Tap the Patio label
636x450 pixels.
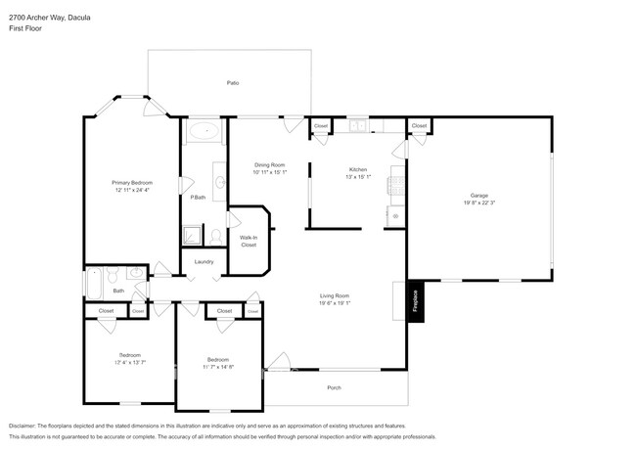tap(233, 83)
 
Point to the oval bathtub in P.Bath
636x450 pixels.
tap(204, 130)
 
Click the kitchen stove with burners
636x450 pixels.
tap(396, 182)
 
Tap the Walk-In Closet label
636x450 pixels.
tap(249, 240)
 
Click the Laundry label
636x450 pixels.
tap(204, 261)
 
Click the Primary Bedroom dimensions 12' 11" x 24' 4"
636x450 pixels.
tap(131, 190)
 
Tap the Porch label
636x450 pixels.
tap(334, 387)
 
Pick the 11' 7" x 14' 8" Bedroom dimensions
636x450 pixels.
tap(219, 367)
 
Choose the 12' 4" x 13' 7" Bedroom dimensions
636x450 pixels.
tap(130, 362)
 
